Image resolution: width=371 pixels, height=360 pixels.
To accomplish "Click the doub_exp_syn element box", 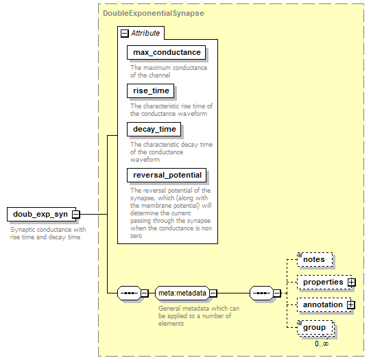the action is (41, 215).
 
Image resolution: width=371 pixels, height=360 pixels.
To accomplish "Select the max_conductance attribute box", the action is (166, 52).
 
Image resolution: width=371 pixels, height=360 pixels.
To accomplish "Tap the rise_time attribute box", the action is (150, 91).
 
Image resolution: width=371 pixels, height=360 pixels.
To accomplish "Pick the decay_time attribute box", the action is (154, 129).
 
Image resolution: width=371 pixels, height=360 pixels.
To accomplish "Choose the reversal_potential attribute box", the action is (167, 176).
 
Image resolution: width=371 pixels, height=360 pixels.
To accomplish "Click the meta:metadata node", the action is (182, 293).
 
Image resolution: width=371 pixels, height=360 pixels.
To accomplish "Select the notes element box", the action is (315, 259).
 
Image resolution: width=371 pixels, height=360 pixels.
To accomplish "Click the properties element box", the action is (324, 283).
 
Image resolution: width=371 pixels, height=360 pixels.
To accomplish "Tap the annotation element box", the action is (324, 305).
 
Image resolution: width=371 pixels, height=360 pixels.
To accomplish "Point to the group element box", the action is (315, 328).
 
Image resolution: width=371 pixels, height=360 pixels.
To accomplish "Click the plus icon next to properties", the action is (352, 283).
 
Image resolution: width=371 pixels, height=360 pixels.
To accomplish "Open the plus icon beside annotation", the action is (351, 305).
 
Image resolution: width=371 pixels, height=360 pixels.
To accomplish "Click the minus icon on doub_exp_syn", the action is (76, 215).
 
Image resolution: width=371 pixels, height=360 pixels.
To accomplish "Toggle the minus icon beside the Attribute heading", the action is (125, 34).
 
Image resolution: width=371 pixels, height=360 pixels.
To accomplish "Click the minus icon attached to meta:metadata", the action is (213, 293).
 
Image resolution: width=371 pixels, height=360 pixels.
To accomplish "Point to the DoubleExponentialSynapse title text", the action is (154, 13).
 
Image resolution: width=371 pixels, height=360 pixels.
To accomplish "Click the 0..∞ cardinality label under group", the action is (322, 344).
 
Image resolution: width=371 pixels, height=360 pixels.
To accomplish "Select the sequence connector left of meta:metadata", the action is (129, 293).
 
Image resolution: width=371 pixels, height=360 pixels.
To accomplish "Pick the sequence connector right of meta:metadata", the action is (261, 293).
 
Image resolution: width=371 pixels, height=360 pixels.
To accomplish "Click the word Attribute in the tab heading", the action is (145, 33).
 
